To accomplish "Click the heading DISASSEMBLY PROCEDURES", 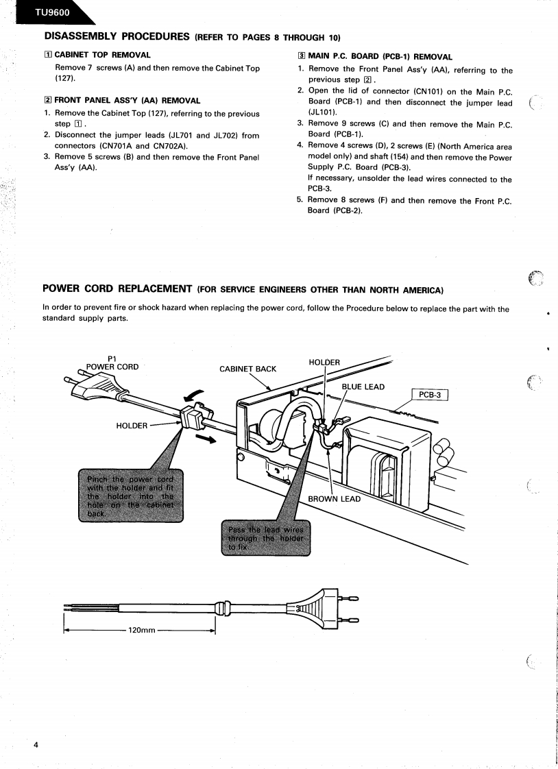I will [x=117, y=36].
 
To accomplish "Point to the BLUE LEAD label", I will [x=363, y=387].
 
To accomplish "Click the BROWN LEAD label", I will [x=334, y=499].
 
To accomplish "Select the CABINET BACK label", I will [x=248, y=369].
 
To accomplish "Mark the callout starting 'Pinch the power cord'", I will [x=131, y=495].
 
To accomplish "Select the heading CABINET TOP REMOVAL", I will [x=102, y=55].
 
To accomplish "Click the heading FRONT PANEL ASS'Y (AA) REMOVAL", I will [x=127, y=101].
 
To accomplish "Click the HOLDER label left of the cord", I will [x=132, y=426].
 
